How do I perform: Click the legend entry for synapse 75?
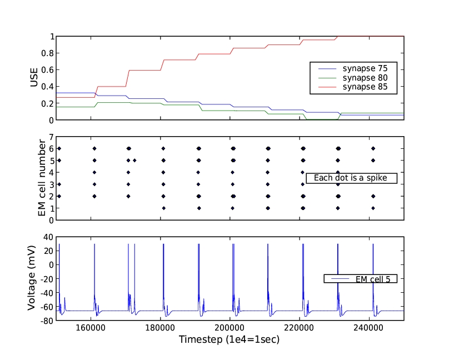(x=364, y=69)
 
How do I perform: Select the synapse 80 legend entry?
(x=364, y=78)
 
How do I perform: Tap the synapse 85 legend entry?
(x=364, y=87)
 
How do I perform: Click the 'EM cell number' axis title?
(x=42, y=178)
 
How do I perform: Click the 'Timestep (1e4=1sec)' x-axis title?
(x=230, y=339)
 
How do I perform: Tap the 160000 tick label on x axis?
(x=91, y=328)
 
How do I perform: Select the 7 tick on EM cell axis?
(x=51, y=137)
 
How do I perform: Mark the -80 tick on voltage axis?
(x=46, y=321)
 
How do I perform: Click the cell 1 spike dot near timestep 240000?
(x=373, y=208)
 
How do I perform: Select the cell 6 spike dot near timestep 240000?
(x=373, y=148)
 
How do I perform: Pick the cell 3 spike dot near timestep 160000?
(x=94, y=184)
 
